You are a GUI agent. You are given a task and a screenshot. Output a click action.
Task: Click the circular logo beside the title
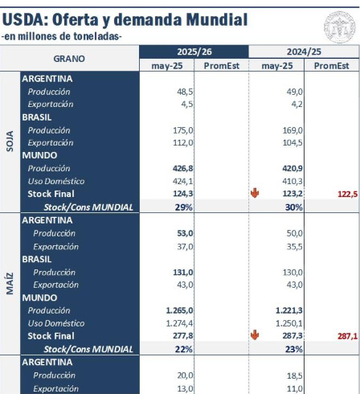pos(339,27)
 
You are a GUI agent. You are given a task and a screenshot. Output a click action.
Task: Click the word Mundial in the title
pos(217,19)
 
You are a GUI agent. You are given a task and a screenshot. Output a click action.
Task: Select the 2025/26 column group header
pos(194,51)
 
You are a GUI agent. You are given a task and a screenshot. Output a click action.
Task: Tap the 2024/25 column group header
pos(304,51)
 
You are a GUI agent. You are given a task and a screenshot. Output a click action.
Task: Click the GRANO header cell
pos(69,59)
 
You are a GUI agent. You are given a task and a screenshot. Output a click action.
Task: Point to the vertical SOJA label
pos(10,142)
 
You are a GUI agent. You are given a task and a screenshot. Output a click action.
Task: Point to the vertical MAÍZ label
pos(10,284)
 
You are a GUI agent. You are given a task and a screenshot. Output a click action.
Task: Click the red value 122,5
pos(347,194)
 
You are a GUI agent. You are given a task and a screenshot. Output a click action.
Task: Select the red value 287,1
pos(347,336)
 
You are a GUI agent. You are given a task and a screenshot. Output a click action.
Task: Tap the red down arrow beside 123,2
pos(255,193)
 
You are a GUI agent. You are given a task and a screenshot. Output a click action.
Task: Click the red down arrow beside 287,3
pos(255,335)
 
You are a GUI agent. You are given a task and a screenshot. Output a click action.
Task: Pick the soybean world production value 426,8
pos(183,168)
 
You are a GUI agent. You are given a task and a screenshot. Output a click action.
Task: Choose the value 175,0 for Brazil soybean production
pos(183,130)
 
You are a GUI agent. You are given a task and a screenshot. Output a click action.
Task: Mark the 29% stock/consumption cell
pos(184,207)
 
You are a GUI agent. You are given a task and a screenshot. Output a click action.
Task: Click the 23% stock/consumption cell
pos(294,349)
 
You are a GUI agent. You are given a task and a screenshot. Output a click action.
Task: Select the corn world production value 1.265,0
pos(179,310)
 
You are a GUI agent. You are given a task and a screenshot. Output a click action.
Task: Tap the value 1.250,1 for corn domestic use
pos(289,323)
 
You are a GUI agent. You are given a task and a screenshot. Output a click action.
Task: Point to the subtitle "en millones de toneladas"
pos(62,36)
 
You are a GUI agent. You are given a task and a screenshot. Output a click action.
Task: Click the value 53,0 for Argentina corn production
pos(185,233)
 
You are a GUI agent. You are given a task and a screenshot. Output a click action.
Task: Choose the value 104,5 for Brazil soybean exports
pos(292,142)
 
